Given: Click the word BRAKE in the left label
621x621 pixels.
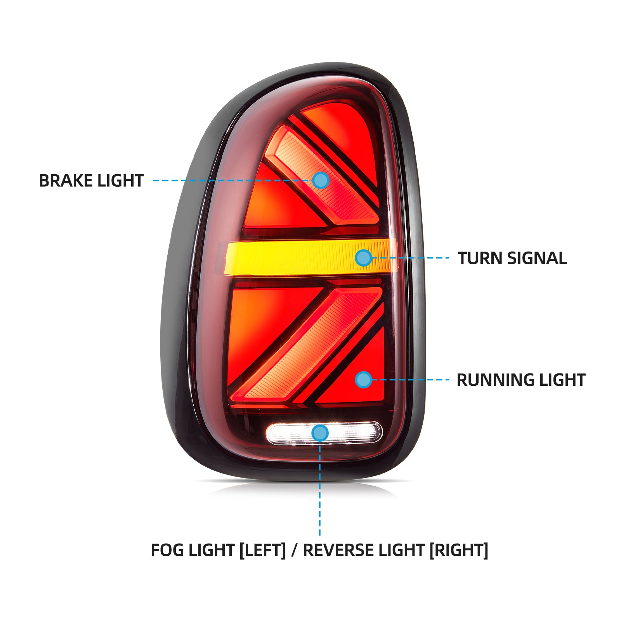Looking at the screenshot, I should pos(65,181).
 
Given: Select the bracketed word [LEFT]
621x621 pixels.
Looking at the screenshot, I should pos(262,550).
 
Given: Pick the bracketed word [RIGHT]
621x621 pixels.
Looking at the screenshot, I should pos(458,550).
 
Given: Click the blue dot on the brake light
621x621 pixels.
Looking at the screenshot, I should pos(321,180).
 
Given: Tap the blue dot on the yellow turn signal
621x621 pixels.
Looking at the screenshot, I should pos(364,258).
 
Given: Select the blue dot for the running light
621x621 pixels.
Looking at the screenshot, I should pos(364,380).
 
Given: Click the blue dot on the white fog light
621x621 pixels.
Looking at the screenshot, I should pos(320,433).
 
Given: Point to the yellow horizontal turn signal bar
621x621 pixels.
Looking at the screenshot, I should pos(295,258).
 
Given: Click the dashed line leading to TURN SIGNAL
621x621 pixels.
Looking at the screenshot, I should pos(411,258).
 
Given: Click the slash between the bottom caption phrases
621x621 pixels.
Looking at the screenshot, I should pos(294,550).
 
